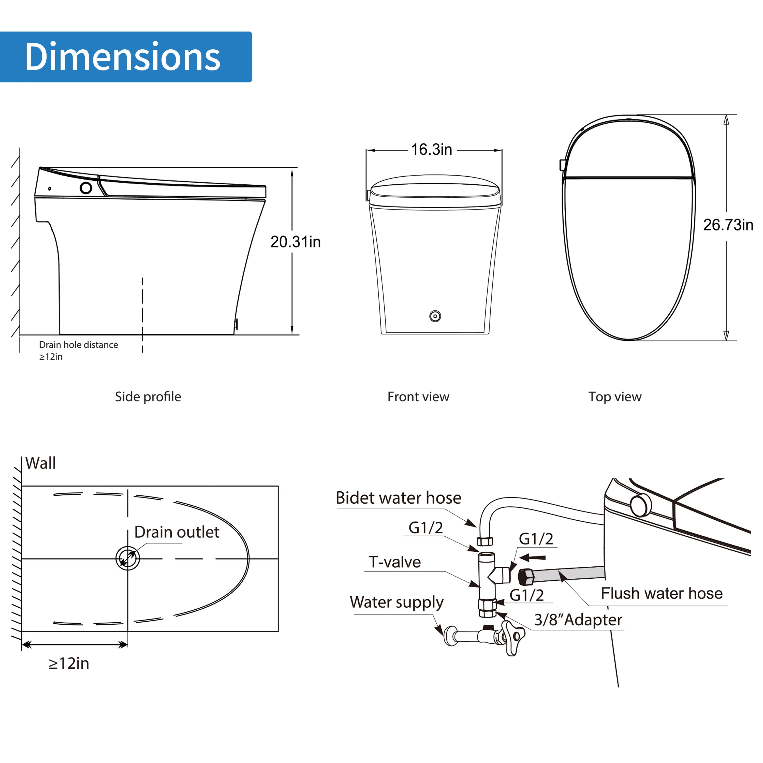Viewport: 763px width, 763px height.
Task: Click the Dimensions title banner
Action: pos(126,57)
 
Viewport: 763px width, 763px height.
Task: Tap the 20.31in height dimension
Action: pos(295,242)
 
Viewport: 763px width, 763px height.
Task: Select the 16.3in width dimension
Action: pos(431,150)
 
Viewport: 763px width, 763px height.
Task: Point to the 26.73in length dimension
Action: pos(728,225)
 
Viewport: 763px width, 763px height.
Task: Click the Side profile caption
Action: pos(148,397)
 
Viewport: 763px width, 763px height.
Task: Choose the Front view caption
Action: pos(418,397)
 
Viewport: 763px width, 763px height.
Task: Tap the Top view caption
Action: pos(615,397)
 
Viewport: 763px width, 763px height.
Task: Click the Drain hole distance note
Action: pos(78,350)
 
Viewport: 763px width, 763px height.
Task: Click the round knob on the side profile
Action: pos(86,188)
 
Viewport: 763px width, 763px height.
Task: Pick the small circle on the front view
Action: pos(435,316)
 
